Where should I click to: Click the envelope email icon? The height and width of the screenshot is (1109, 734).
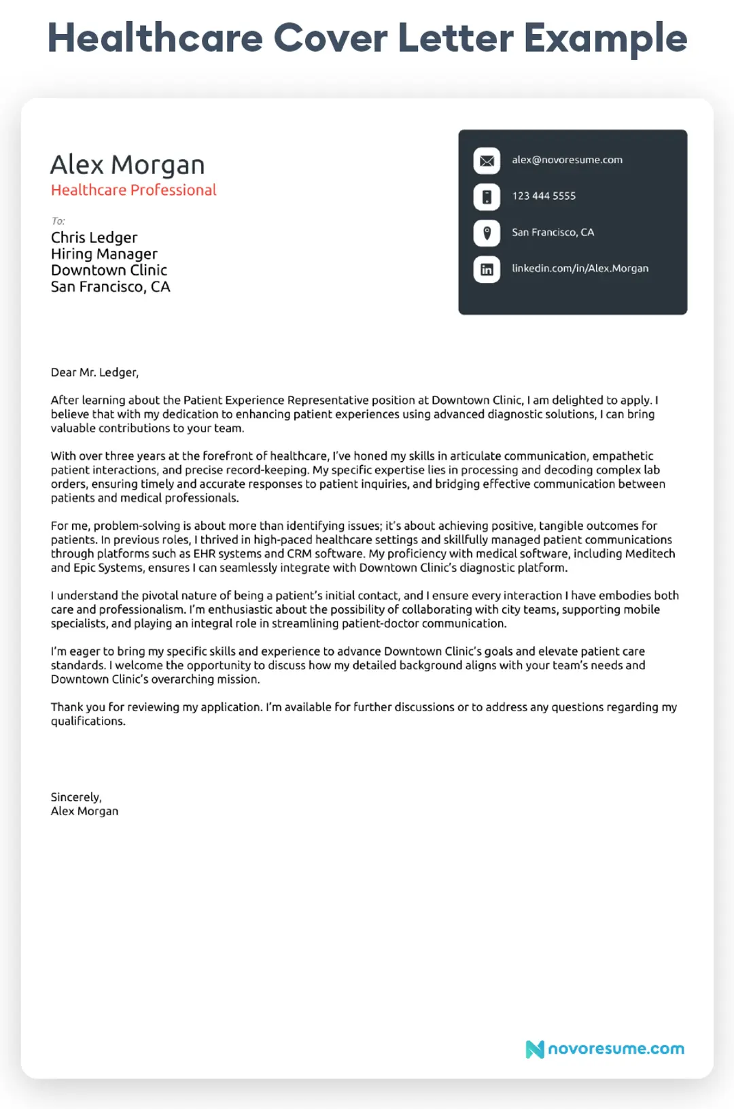[487, 161]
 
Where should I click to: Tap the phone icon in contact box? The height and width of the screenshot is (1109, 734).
[487, 197]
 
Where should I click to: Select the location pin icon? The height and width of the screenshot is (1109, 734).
[487, 233]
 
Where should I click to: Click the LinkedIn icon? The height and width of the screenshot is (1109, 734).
[487, 269]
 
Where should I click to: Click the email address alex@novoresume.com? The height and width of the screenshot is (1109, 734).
[567, 160]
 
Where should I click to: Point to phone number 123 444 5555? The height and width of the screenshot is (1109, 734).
[544, 196]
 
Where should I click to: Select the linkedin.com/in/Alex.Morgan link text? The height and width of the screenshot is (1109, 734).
[580, 268]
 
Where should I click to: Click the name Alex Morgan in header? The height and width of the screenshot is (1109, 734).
[127, 165]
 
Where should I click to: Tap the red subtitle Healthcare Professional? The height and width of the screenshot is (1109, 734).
[133, 190]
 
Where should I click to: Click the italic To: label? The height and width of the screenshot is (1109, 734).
[58, 221]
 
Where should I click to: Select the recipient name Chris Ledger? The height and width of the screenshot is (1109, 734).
[94, 237]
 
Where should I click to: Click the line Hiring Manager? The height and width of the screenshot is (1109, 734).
[104, 254]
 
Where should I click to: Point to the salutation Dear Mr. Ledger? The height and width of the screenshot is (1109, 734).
[94, 373]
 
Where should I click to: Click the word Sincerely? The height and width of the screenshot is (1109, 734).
[75, 797]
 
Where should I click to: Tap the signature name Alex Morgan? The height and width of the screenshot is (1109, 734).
[84, 811]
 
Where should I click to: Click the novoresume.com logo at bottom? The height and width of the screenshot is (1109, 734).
[605, 1048]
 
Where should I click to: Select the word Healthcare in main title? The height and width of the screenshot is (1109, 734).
[155, 38]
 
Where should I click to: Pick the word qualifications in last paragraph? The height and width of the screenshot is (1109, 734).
[88, 721]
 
